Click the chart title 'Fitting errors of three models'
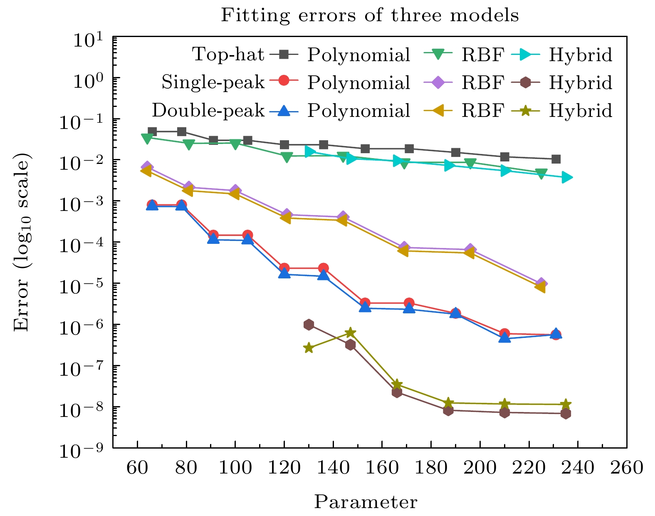point(369,16)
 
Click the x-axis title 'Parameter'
point(366,502)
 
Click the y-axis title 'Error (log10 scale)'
point(22,242)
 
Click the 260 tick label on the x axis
point(626,468)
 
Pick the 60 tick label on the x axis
point(137,468)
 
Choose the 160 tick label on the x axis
point(382,468)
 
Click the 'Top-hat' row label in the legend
point(228,55)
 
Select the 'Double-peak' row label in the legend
point(208,110)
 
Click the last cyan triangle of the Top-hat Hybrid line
point(566,178)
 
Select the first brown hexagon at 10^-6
point(309,325)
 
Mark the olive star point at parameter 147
point(350,332)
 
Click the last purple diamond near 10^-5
point(541,283)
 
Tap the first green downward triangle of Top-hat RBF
point(147,138)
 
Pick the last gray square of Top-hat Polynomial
point(556,159)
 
